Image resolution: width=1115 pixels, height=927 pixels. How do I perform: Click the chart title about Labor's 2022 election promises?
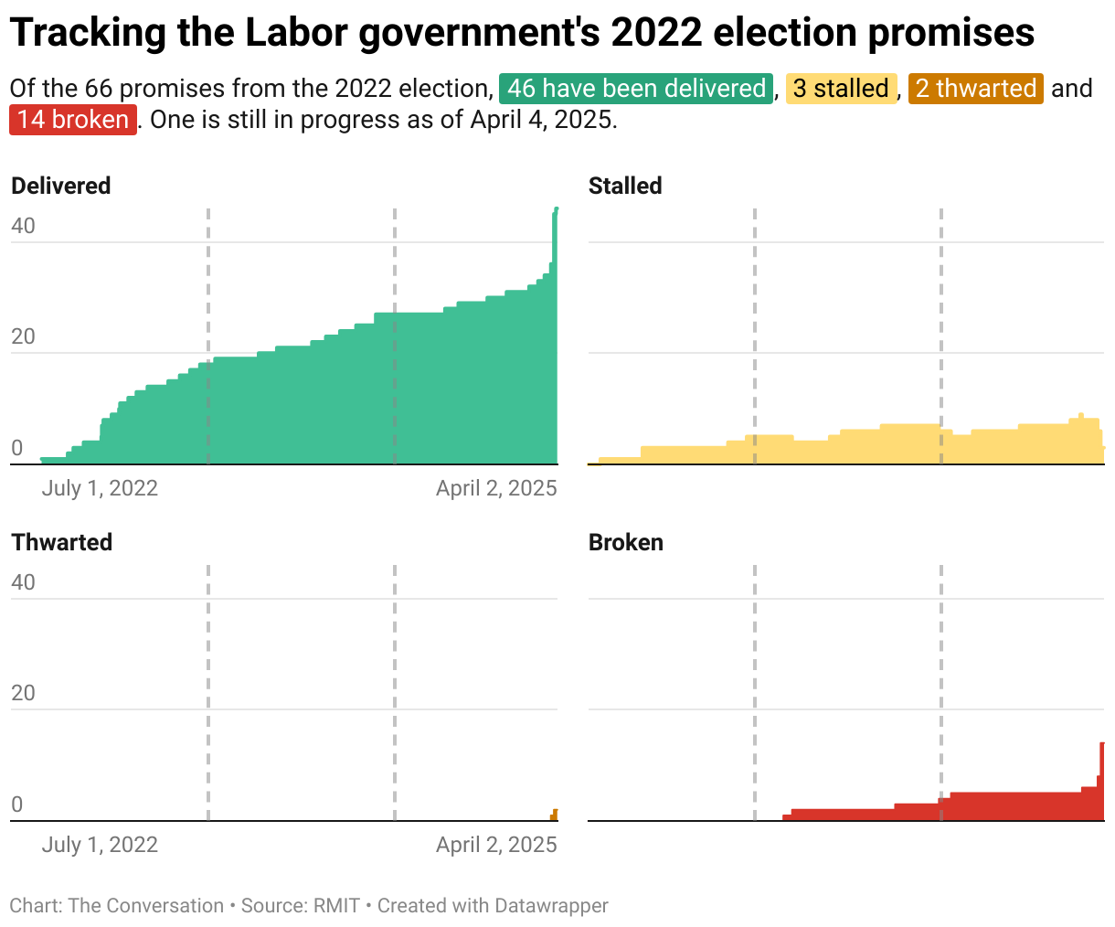click(522, 33)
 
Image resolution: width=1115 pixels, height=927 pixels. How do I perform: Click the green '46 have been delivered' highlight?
click(636, 89)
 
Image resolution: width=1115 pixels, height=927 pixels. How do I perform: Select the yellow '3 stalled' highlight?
click(841, 89)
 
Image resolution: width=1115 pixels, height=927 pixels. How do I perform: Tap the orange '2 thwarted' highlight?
click(975, 89)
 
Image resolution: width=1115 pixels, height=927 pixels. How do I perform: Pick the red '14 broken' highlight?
click(73, 120)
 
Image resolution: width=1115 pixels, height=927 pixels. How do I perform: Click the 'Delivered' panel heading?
click(60, 186)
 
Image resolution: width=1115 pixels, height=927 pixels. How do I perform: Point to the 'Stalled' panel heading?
click(625, 186)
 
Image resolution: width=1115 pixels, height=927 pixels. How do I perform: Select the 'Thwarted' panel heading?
click(61, 542)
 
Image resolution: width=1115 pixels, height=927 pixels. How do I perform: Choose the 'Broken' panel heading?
click(626, 542)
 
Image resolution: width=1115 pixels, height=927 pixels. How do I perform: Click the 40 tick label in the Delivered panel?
click(23, 226)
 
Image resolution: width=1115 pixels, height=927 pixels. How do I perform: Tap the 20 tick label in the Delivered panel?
click(23, 336)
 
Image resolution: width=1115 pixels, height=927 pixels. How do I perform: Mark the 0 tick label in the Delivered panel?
click(16, 448)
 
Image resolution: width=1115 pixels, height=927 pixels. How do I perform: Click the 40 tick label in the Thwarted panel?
click(23, 582)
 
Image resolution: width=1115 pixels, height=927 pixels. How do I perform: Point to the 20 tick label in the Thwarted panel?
click(23, 693)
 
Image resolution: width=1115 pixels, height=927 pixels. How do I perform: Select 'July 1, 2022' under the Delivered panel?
click(100, 488)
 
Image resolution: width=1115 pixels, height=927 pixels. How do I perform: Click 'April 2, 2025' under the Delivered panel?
click(496, 488)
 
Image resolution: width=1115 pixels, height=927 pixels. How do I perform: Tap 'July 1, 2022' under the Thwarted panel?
click(100, 845)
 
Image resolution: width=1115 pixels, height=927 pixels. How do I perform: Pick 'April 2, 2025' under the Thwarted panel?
click(496, 845)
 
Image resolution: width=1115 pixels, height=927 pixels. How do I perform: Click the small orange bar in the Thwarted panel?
click(554, 815)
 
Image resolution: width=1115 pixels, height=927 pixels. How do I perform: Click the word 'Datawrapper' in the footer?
click(551, 906)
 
